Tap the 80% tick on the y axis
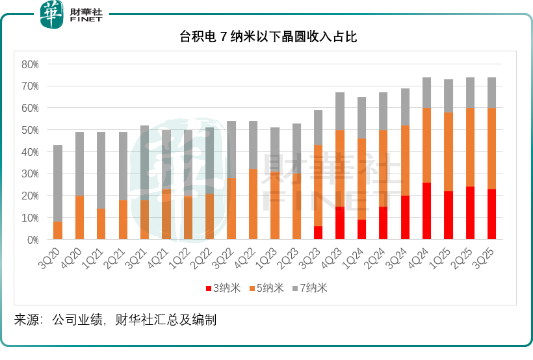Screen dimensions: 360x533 31,64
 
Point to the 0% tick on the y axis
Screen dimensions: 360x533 32,240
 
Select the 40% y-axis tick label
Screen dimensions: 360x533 31,152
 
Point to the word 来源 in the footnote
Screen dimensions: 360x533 27,320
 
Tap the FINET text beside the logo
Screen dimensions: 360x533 86,19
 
